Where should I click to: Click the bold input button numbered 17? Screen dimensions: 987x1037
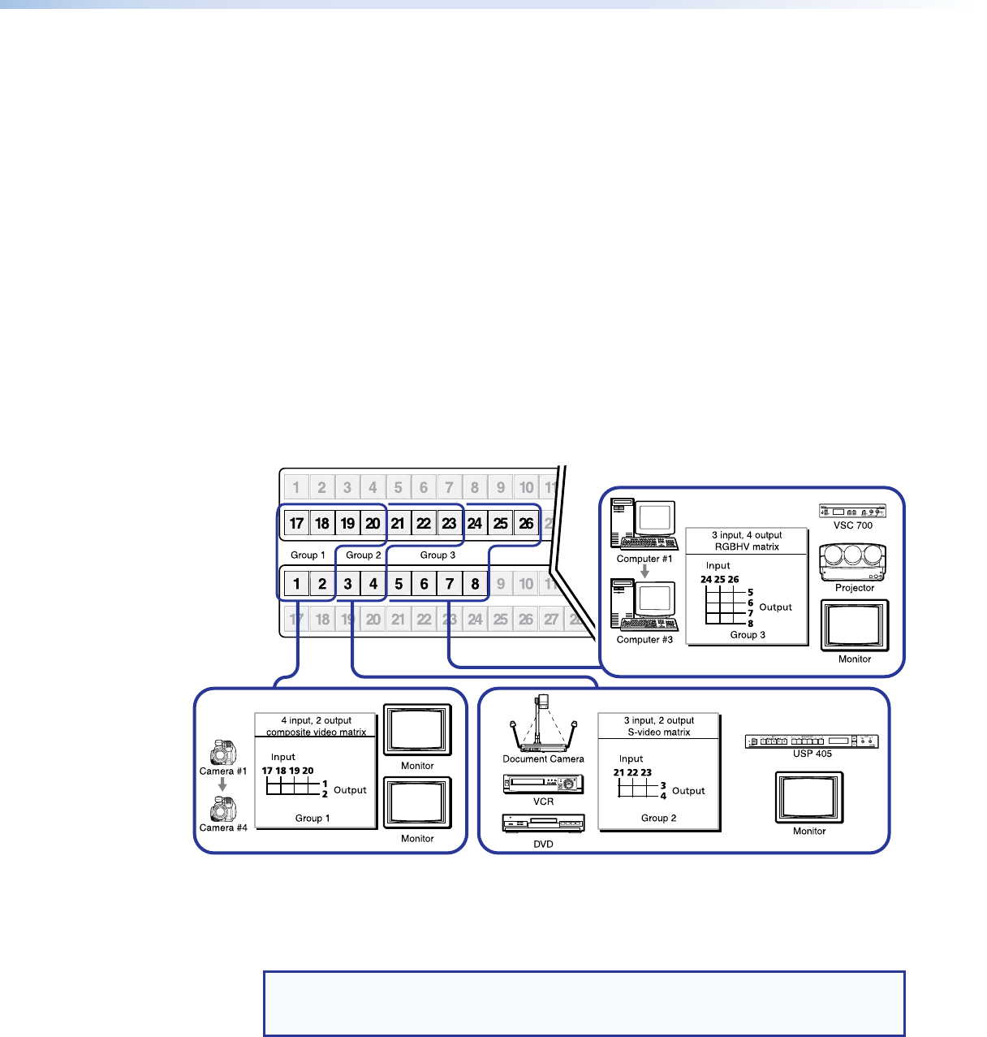point(297,524)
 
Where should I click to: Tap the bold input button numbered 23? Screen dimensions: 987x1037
point(449,524)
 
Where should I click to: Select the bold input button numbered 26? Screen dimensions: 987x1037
point(526,524)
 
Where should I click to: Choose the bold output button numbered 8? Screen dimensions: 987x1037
point(475,584)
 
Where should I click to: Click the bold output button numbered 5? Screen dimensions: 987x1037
point(399,584)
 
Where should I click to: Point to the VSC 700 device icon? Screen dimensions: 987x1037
point(852,511)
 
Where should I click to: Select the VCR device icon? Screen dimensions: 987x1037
point(543,784)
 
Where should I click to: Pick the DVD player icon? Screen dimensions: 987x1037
point(543,824)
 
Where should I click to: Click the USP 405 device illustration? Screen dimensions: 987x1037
point(812,741)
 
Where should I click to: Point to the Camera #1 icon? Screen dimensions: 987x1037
point(222,752)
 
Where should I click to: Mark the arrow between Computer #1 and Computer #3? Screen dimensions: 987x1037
point(644,572)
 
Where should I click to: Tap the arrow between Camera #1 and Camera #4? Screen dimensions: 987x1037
point(222,785)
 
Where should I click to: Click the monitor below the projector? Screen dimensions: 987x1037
point(855,625)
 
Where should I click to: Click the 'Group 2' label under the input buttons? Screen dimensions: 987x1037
point(363,555)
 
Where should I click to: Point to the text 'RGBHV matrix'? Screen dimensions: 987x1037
point(747,547)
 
